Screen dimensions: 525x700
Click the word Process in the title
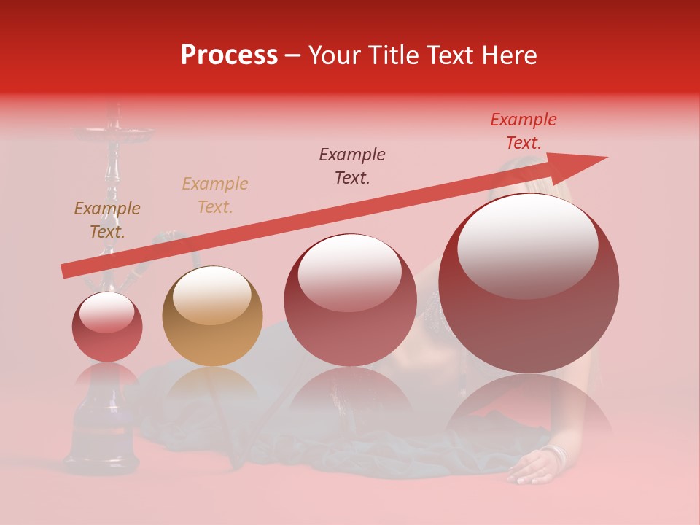pos(229,55)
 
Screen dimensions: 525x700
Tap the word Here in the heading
pos(506,55)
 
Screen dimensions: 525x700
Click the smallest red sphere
pos(107,327)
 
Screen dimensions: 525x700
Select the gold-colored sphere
pos(212,316)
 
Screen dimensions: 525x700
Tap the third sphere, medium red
pos(350,300)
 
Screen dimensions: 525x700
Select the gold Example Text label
pos(215,195)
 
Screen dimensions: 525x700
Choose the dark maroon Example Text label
pos(352,166)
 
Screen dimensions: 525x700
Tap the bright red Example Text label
pos(523,131)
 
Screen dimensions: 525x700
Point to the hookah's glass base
pos(102,430)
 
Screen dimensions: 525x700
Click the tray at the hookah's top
pos(113,133)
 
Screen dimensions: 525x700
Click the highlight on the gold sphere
pos(211,293)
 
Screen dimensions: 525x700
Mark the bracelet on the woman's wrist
pos(557,455)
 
